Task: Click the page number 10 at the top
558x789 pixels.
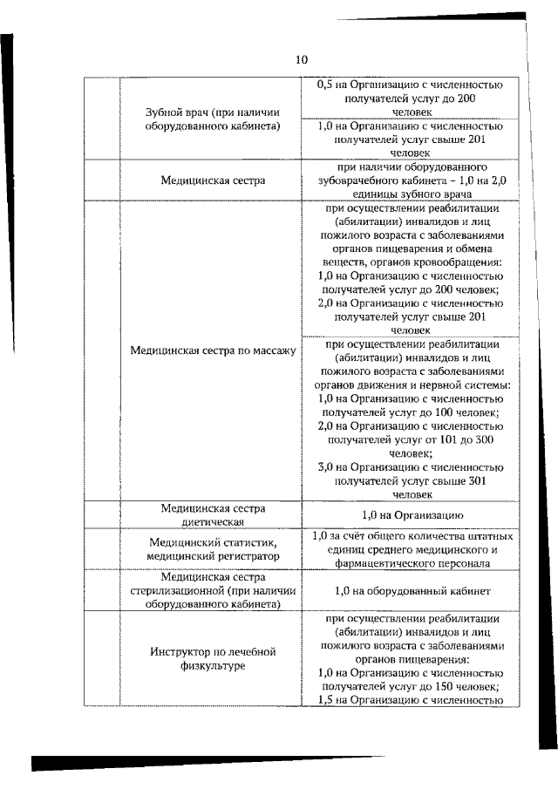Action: coord(301,59)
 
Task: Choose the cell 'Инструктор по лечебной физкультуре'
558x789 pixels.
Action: coord(213,658)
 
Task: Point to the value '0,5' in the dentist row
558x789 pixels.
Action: coord(325,85)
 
